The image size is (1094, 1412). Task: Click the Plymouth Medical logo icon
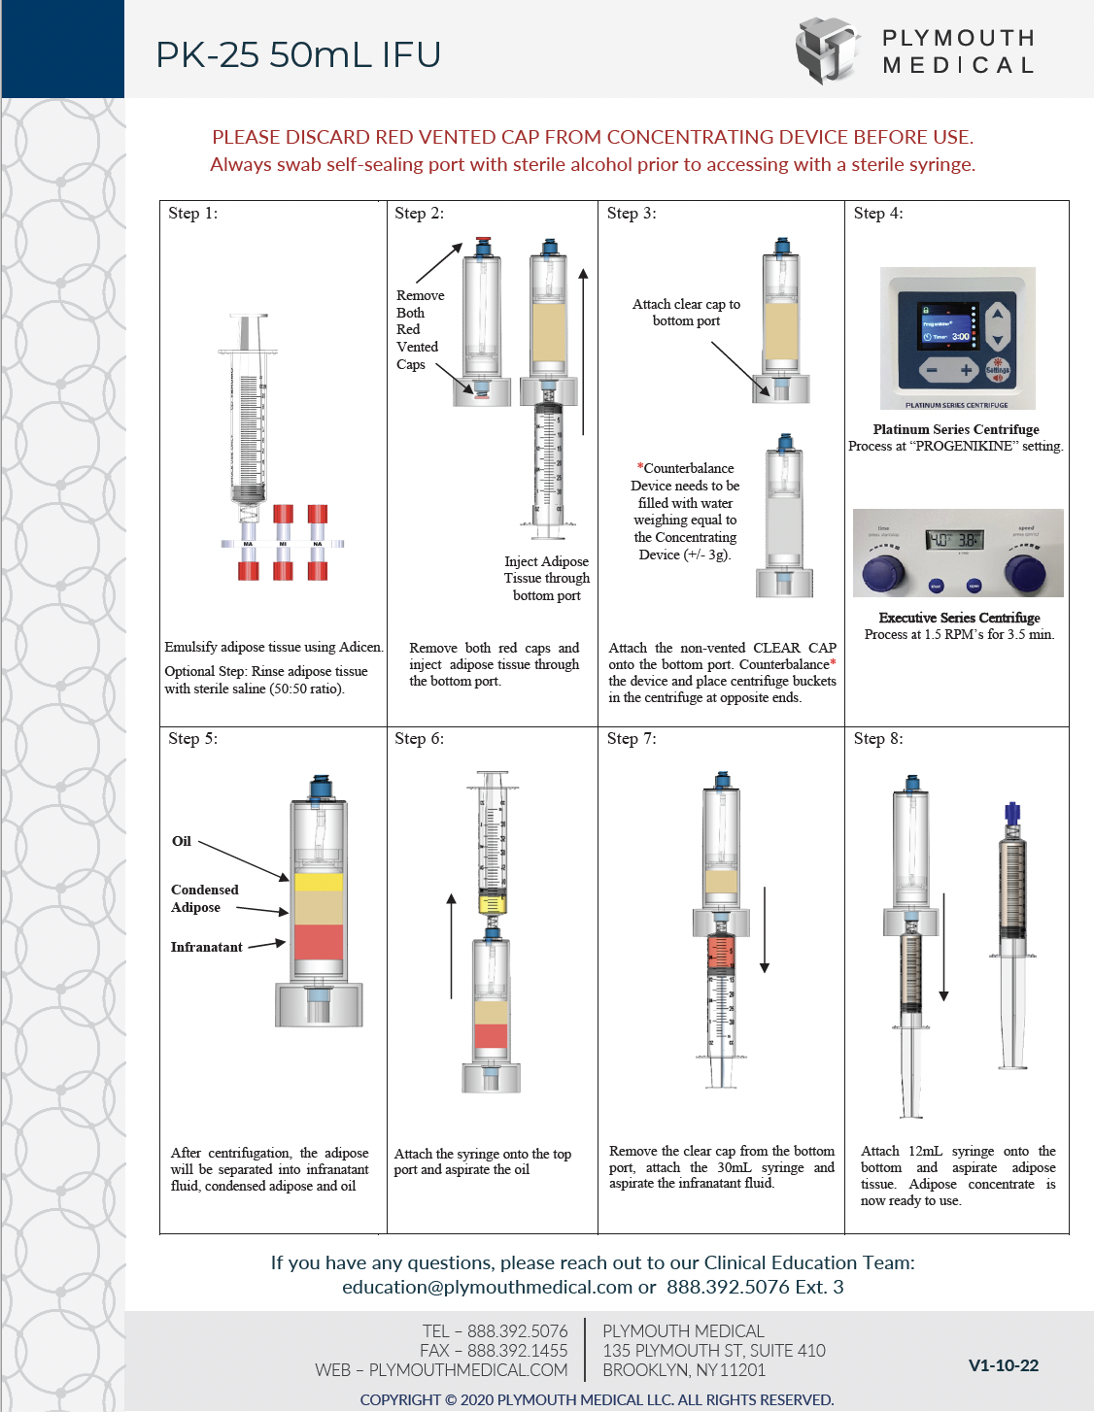click(x=828, y=50)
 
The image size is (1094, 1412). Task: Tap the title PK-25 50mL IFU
click(x=298, y=54)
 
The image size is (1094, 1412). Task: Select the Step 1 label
click(x=192, y=214)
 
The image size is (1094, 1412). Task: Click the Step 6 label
click(x=419, y=739)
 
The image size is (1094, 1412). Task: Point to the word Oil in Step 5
click(x=182, y=841)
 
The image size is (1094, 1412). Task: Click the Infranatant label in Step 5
click(x=206, y=947)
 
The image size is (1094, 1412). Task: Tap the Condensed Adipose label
click(x=204, y=898)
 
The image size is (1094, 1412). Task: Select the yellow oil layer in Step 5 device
click(x=319, y=883)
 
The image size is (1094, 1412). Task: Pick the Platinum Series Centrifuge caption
click(x=956, y=429)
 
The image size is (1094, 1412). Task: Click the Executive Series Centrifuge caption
click(x=959, y=618)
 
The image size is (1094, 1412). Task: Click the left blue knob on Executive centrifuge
click(x=883, y=573)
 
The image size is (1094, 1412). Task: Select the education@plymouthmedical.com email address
click(x=487, y=1287)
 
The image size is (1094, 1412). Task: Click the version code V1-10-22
click(x=1003, y=1365)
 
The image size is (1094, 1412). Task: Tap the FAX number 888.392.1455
click(x=517, y=1351)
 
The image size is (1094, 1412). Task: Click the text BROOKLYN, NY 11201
click(x=683, y=1370)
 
